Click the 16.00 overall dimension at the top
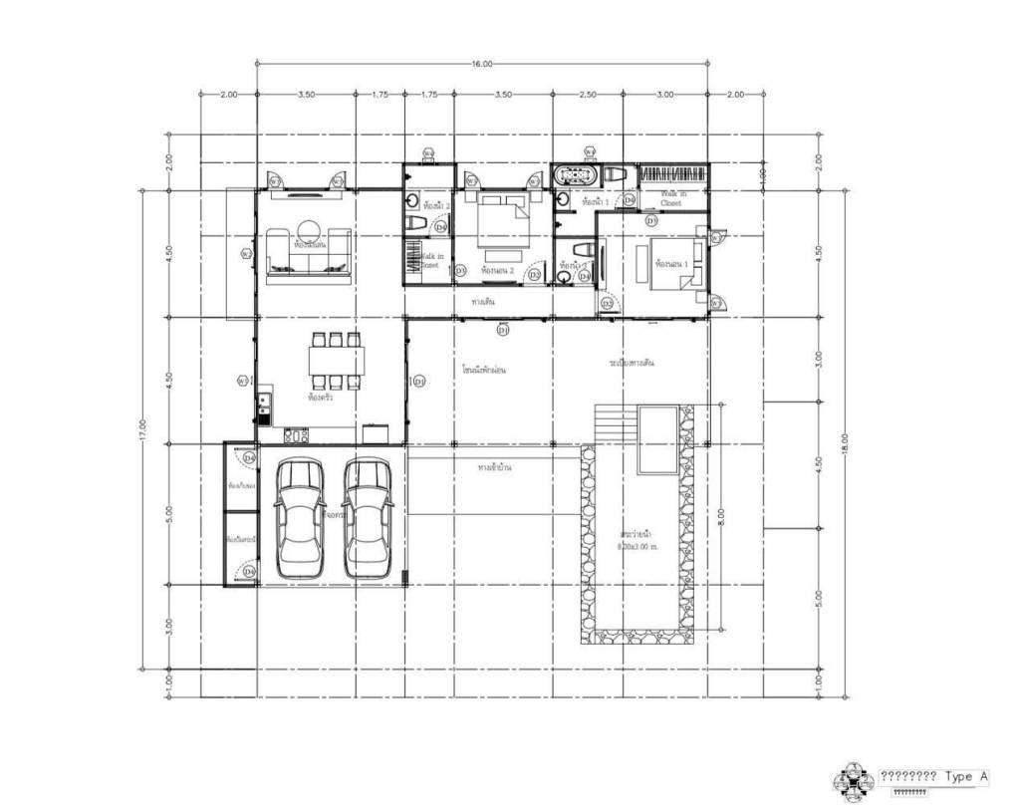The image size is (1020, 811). [482, 64]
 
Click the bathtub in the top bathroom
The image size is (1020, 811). [576, 175]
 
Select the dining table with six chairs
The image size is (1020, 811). [336, 359]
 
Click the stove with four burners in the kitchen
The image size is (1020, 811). [295, 435]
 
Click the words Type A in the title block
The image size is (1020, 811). [965, 776]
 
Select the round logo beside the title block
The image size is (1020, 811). [853, 781]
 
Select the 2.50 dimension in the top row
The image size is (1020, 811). [588, 95]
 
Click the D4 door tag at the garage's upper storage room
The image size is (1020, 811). [250, 457]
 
